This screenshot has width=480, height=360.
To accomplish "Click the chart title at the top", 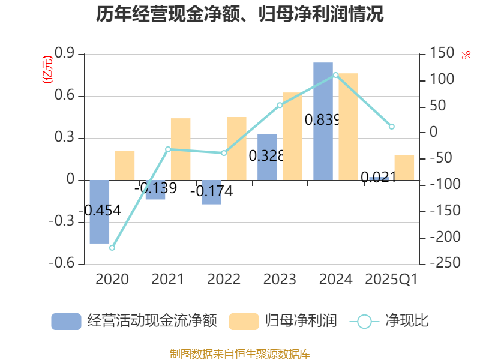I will coord(240,14).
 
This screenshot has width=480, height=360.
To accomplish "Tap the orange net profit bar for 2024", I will coord(348,127).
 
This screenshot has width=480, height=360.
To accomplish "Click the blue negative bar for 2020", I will coord(100,212).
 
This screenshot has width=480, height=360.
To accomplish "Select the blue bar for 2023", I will coord(267,157).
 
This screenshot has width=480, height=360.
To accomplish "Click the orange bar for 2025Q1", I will coord(404,167).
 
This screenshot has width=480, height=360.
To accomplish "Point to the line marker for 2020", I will coord(112,248).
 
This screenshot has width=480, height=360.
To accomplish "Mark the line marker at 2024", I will coord(335,75).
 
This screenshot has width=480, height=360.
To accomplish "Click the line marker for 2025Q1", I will coord(392,126).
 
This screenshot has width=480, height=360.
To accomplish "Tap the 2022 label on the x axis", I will coord(224,280).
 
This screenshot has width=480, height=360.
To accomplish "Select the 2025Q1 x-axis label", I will coord(391,280).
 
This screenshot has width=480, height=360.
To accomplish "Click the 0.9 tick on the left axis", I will coord(64,54).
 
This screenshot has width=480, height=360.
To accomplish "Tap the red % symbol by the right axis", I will coord(466,55).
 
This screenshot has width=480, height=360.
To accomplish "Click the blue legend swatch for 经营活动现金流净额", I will coord(66,321).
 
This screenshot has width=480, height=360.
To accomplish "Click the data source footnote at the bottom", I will coord(240,353).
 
